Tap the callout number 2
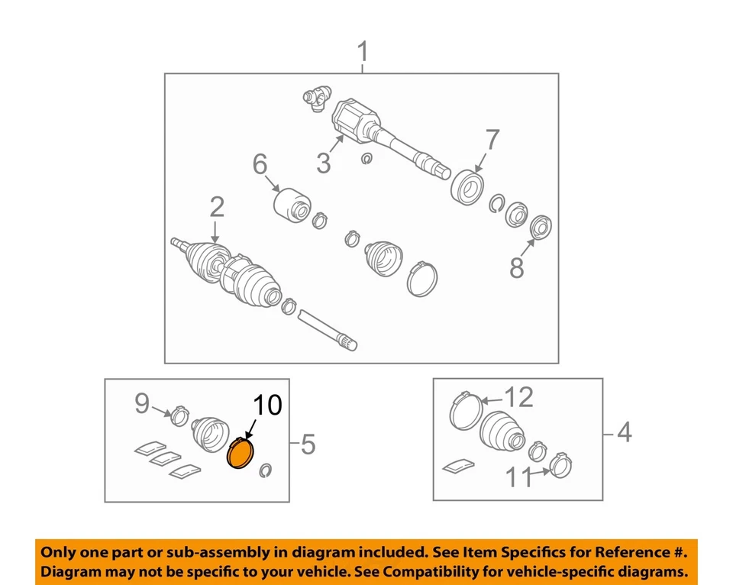217,207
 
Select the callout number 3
324,163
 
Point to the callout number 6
260,164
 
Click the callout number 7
492,139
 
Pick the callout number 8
517,268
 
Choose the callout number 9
142,403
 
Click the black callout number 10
268,405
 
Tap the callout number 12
519,397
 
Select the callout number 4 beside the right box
625,432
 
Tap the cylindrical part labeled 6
291,205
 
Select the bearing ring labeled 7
467,187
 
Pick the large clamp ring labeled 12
466,411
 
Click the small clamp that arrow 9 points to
179,415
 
